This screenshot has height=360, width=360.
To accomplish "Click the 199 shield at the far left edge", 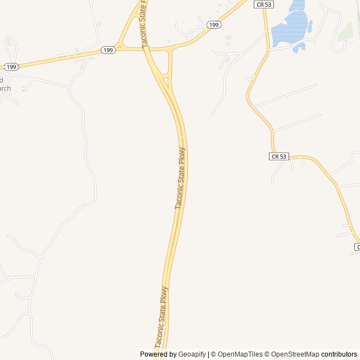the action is [11, 66].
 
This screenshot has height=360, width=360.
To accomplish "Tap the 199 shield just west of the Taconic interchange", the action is [109, 51].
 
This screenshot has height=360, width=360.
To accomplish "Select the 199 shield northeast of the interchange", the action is [213, 25].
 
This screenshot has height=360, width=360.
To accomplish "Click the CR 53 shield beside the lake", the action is [264, 4].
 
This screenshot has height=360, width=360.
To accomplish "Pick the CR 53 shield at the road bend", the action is [279, 156].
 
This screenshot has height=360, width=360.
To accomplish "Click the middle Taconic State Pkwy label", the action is [181, 178].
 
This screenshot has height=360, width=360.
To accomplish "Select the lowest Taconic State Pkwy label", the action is [161, 318].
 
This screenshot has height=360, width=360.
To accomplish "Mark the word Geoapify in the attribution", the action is [192, 354].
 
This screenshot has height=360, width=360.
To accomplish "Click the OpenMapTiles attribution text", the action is [240, 354].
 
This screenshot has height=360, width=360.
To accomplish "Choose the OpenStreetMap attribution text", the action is [295, 354].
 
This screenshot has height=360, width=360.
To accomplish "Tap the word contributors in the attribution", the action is [339, 354].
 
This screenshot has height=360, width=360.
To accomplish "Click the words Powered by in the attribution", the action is [158, 354].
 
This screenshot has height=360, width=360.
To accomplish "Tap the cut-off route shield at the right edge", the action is [357, 247].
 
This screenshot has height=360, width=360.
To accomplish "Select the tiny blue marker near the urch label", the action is [24, 89].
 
